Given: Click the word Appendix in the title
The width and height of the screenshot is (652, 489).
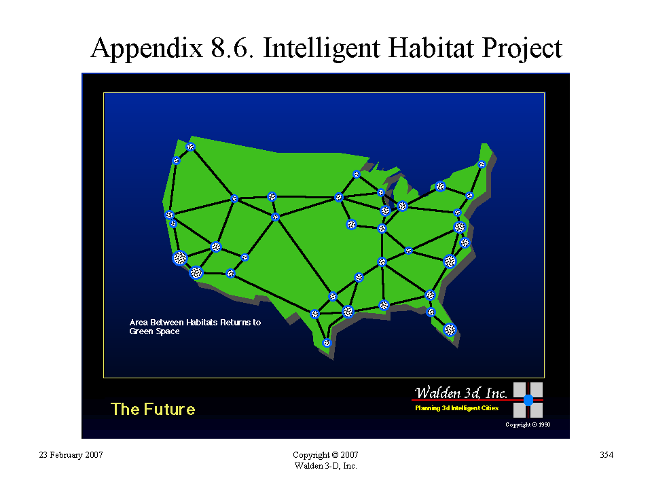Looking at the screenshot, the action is click(147, 49).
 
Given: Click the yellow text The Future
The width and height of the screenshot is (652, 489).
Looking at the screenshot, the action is click(153, 409).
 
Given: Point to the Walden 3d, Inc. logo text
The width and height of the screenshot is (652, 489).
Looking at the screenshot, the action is click(460, 393).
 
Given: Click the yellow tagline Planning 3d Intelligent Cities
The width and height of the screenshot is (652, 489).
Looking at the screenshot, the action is click(456, 408).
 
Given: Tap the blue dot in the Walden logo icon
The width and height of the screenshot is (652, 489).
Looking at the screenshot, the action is click(528, 400).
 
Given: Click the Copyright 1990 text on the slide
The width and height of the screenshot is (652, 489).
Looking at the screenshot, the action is click(528, 424).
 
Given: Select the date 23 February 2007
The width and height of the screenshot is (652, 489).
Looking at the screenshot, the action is click(71, 455).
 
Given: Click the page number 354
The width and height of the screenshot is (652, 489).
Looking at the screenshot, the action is click(606, 455).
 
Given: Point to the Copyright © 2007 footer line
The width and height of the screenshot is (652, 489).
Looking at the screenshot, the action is click(325, 455).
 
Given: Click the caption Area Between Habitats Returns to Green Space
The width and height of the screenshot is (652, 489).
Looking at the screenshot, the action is click(195, 327).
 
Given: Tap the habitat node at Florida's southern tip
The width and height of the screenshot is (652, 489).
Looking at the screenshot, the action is click(450, 330).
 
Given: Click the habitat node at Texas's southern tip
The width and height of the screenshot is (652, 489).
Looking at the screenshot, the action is click(327, 343).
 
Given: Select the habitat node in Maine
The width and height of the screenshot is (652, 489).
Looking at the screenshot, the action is click(482, 164).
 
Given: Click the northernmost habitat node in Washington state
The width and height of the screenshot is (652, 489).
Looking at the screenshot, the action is click(190, 147).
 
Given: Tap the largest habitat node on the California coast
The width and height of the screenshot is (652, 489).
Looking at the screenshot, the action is click(180, 258).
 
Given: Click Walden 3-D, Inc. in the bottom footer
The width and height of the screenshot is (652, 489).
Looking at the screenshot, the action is click(325, 466).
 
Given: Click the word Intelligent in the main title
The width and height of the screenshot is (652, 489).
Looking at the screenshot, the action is click(321, 49).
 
